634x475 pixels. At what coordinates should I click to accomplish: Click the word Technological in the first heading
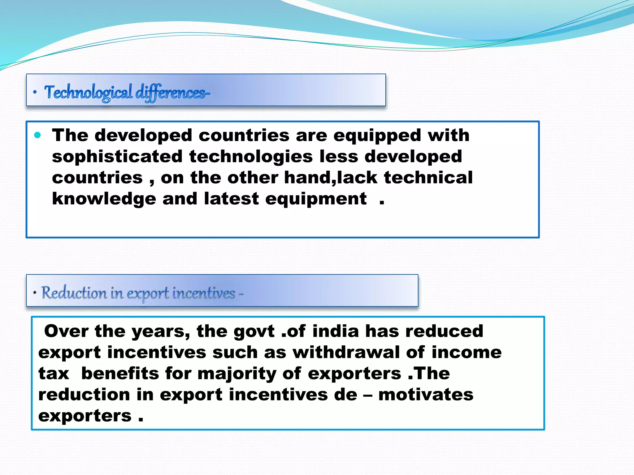(x=88, y=92)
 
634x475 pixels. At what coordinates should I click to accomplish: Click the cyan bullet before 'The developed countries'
(x=38, y=135)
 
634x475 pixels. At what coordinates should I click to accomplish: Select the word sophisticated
(x=117, y=156)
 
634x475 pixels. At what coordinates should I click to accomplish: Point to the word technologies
(x=251, y=156)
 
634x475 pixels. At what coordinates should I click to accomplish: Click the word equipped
(x=377, y=136)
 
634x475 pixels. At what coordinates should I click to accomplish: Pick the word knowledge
(x=104, y=199)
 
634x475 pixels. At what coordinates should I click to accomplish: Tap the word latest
(x=231, y=199)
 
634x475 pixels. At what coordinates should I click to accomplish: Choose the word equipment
(x=316, y=199)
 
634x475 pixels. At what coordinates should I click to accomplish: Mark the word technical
(x=428, y=178)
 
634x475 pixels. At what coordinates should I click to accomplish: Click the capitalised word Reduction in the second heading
(x=74, y=293)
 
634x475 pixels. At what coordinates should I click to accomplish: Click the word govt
(x=254, y=332)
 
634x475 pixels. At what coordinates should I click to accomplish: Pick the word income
(x=467, y=352)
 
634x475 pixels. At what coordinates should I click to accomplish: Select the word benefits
(x=120, y=373)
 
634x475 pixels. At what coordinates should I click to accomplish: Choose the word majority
(x=237, y=374)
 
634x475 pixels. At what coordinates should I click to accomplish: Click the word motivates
(x=426, y=395)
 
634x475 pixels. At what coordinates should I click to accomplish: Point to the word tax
(x=54, y=373)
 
